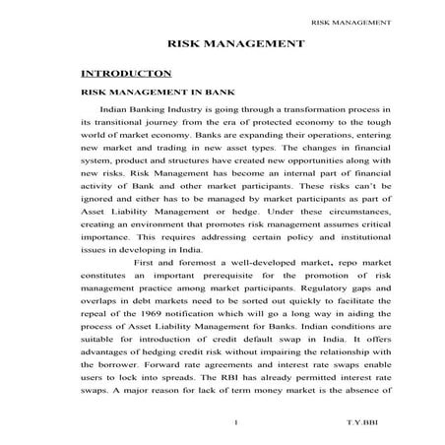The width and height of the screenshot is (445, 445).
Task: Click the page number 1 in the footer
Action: pyautogui.click(x=237, y=424)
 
